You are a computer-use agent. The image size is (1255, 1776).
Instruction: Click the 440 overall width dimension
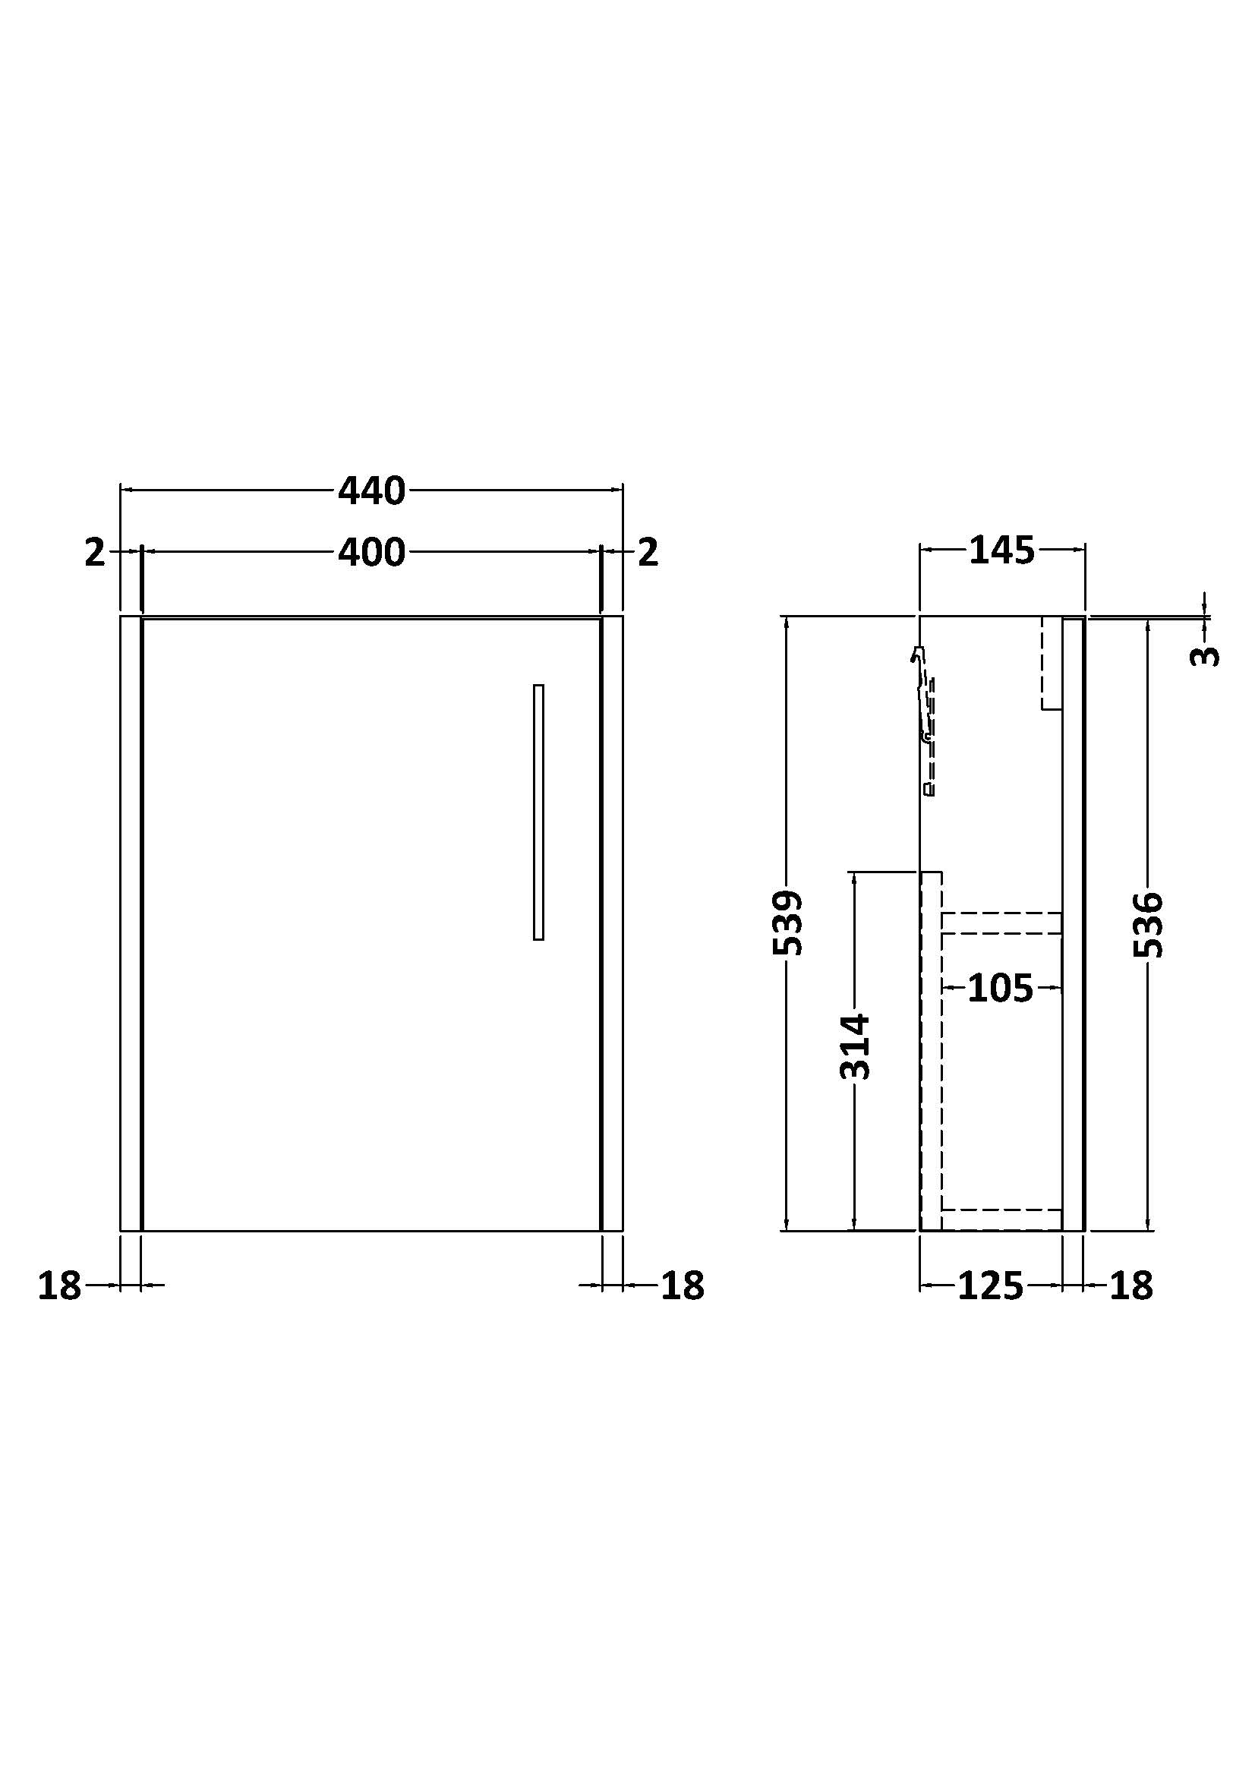pyautogui.click(x=371, y=492)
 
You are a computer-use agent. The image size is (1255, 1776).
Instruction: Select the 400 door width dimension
pyautogui.click(x=371, y=553)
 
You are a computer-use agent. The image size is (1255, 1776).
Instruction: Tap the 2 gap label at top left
pyautogui.click(x=94, y=553)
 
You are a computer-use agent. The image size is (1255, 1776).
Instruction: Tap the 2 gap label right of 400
pyautogui.click(x=648, y=553)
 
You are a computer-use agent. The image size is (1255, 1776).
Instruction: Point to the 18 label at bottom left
pyautogui.click(x=59, y=1286)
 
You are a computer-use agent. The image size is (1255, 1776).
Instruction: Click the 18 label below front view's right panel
pyautogui.click(x=682, y=1286)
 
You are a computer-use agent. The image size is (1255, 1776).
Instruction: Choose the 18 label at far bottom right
pyautogui.click(x=1130, y=1286)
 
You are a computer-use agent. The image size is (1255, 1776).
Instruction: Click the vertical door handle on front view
pyautogui.click(x=538, y=812)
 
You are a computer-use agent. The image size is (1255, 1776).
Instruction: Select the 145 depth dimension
pyautogui.click(x=1001, y=550)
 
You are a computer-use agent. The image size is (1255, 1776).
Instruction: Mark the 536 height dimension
pyautogui.click(x=1148, y=925)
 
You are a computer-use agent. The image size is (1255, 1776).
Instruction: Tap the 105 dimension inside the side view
pyautogui.click(x=1000, y=989)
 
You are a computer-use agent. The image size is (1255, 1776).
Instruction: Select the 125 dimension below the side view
pyautogui.click(x=990, y=1286)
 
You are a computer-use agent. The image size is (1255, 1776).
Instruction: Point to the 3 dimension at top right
pyautogui.click(x=1204, y=656)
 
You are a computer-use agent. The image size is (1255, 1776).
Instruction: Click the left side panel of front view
pyautogui.click(x=131, y=923)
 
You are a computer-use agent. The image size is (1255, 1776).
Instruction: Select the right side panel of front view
pyautogui.click(x=612, y=923)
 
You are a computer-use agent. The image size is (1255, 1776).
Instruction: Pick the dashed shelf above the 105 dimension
pyautogui.click(x=1001, y=923)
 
